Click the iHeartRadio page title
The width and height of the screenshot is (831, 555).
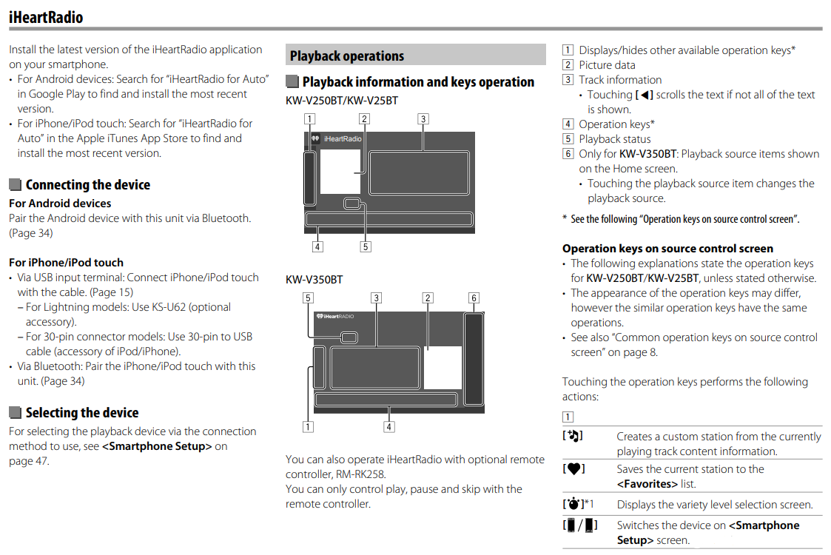pyautogui.click(x=46, y=16)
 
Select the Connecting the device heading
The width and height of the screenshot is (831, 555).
pyautogui.click(x=87, y=185)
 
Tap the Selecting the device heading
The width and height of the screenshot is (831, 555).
pyautogui.click(x=81, y=413)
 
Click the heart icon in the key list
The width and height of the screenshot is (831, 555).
pyautogui.click(x=573, y=468)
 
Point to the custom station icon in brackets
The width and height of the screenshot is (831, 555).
pyautogui.click(x=573, y=436)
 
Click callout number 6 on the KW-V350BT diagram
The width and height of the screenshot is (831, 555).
pyautogui.click(x=474, y=298)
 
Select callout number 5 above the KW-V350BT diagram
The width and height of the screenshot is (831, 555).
pyautogui.click(x=307, y=298)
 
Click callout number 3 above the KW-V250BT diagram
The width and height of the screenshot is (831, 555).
pyautogui.click(x=423, y=118)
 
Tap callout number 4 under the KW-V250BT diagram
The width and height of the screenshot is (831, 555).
pyautogui.click(x=317, y=246)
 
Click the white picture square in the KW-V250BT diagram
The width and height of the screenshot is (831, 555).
pyautogui.click(x=340, y=172)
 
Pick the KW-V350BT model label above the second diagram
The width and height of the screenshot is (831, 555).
pyautogui.click(x=314, y=280)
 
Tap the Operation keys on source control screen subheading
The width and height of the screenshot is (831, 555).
pyautogui.click(x=667, y=249)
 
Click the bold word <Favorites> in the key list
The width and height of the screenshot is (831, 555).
pyautogui.click(x=647, y=484)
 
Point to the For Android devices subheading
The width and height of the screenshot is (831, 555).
pyautogui.click(x=60, y=203)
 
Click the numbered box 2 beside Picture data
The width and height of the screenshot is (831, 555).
pyautogui.click(x=568, y=65)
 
